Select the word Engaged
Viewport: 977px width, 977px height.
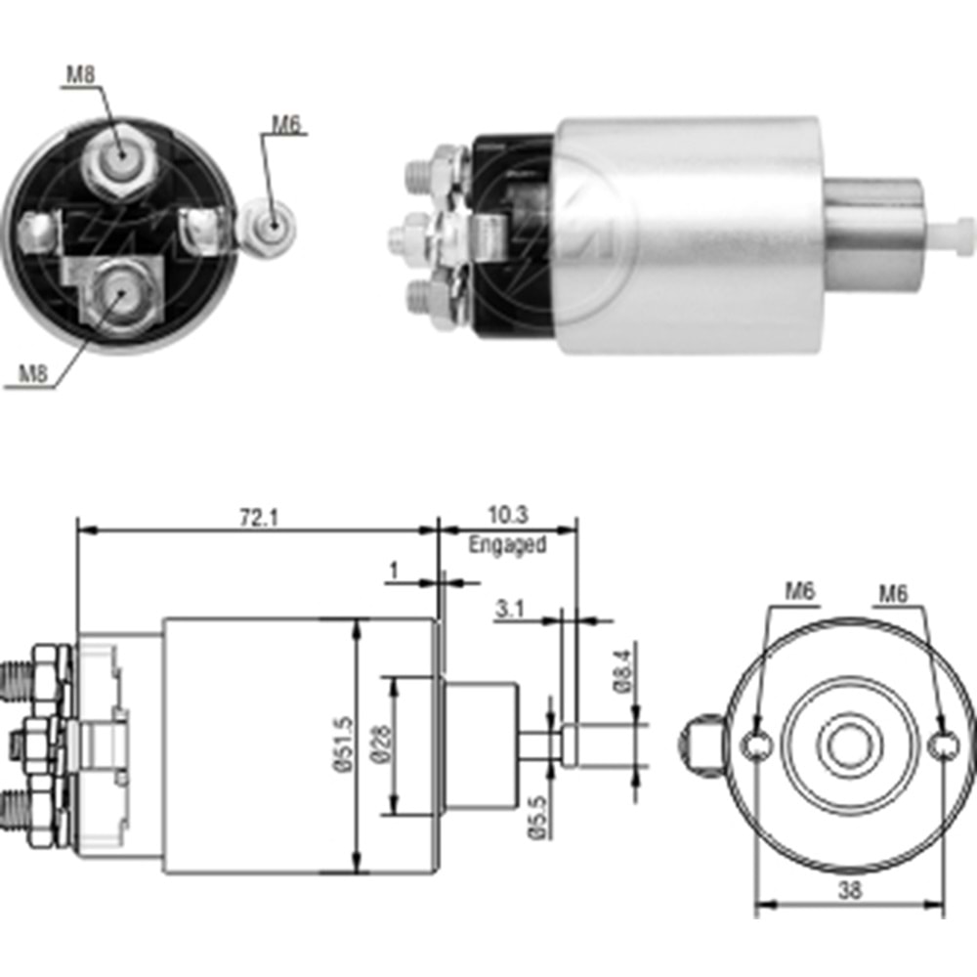coord(506,545)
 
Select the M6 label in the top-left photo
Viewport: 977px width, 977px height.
coord(285,123)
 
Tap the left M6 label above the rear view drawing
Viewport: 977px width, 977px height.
coord(799,591)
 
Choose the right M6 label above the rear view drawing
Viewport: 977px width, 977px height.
coord(893,591)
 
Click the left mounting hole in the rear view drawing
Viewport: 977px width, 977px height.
coord(756,746)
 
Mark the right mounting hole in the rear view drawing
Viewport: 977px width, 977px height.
coord(943,746)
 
